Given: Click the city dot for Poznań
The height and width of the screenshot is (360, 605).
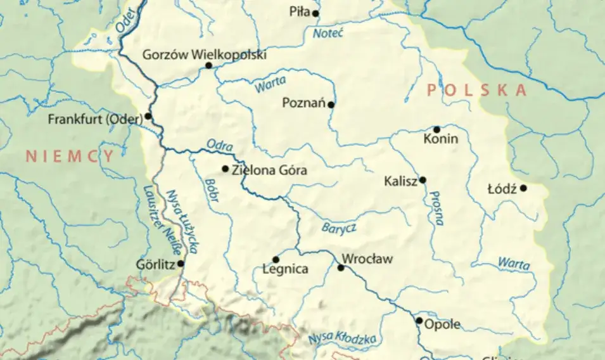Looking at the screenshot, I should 331,104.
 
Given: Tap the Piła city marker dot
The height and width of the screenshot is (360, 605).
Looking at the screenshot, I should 315,13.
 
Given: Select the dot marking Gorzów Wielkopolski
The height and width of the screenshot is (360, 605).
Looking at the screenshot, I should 208,65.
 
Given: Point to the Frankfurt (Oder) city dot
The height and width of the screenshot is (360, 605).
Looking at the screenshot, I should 148,116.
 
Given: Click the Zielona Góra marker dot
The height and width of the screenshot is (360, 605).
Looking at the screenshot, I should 225,169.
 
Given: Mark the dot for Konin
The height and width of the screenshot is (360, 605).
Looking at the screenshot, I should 436,129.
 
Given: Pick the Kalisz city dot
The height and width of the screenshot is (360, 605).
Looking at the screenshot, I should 423,180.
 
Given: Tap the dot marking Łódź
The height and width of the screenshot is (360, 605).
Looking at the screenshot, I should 523,188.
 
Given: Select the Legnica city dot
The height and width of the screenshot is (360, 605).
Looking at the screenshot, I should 276,259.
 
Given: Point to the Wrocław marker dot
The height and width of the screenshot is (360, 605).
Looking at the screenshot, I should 341,267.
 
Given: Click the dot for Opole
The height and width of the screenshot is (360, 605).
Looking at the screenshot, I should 419,321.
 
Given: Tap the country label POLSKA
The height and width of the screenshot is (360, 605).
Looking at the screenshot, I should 476,91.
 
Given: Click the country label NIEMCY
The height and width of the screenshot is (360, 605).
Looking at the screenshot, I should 70,157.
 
